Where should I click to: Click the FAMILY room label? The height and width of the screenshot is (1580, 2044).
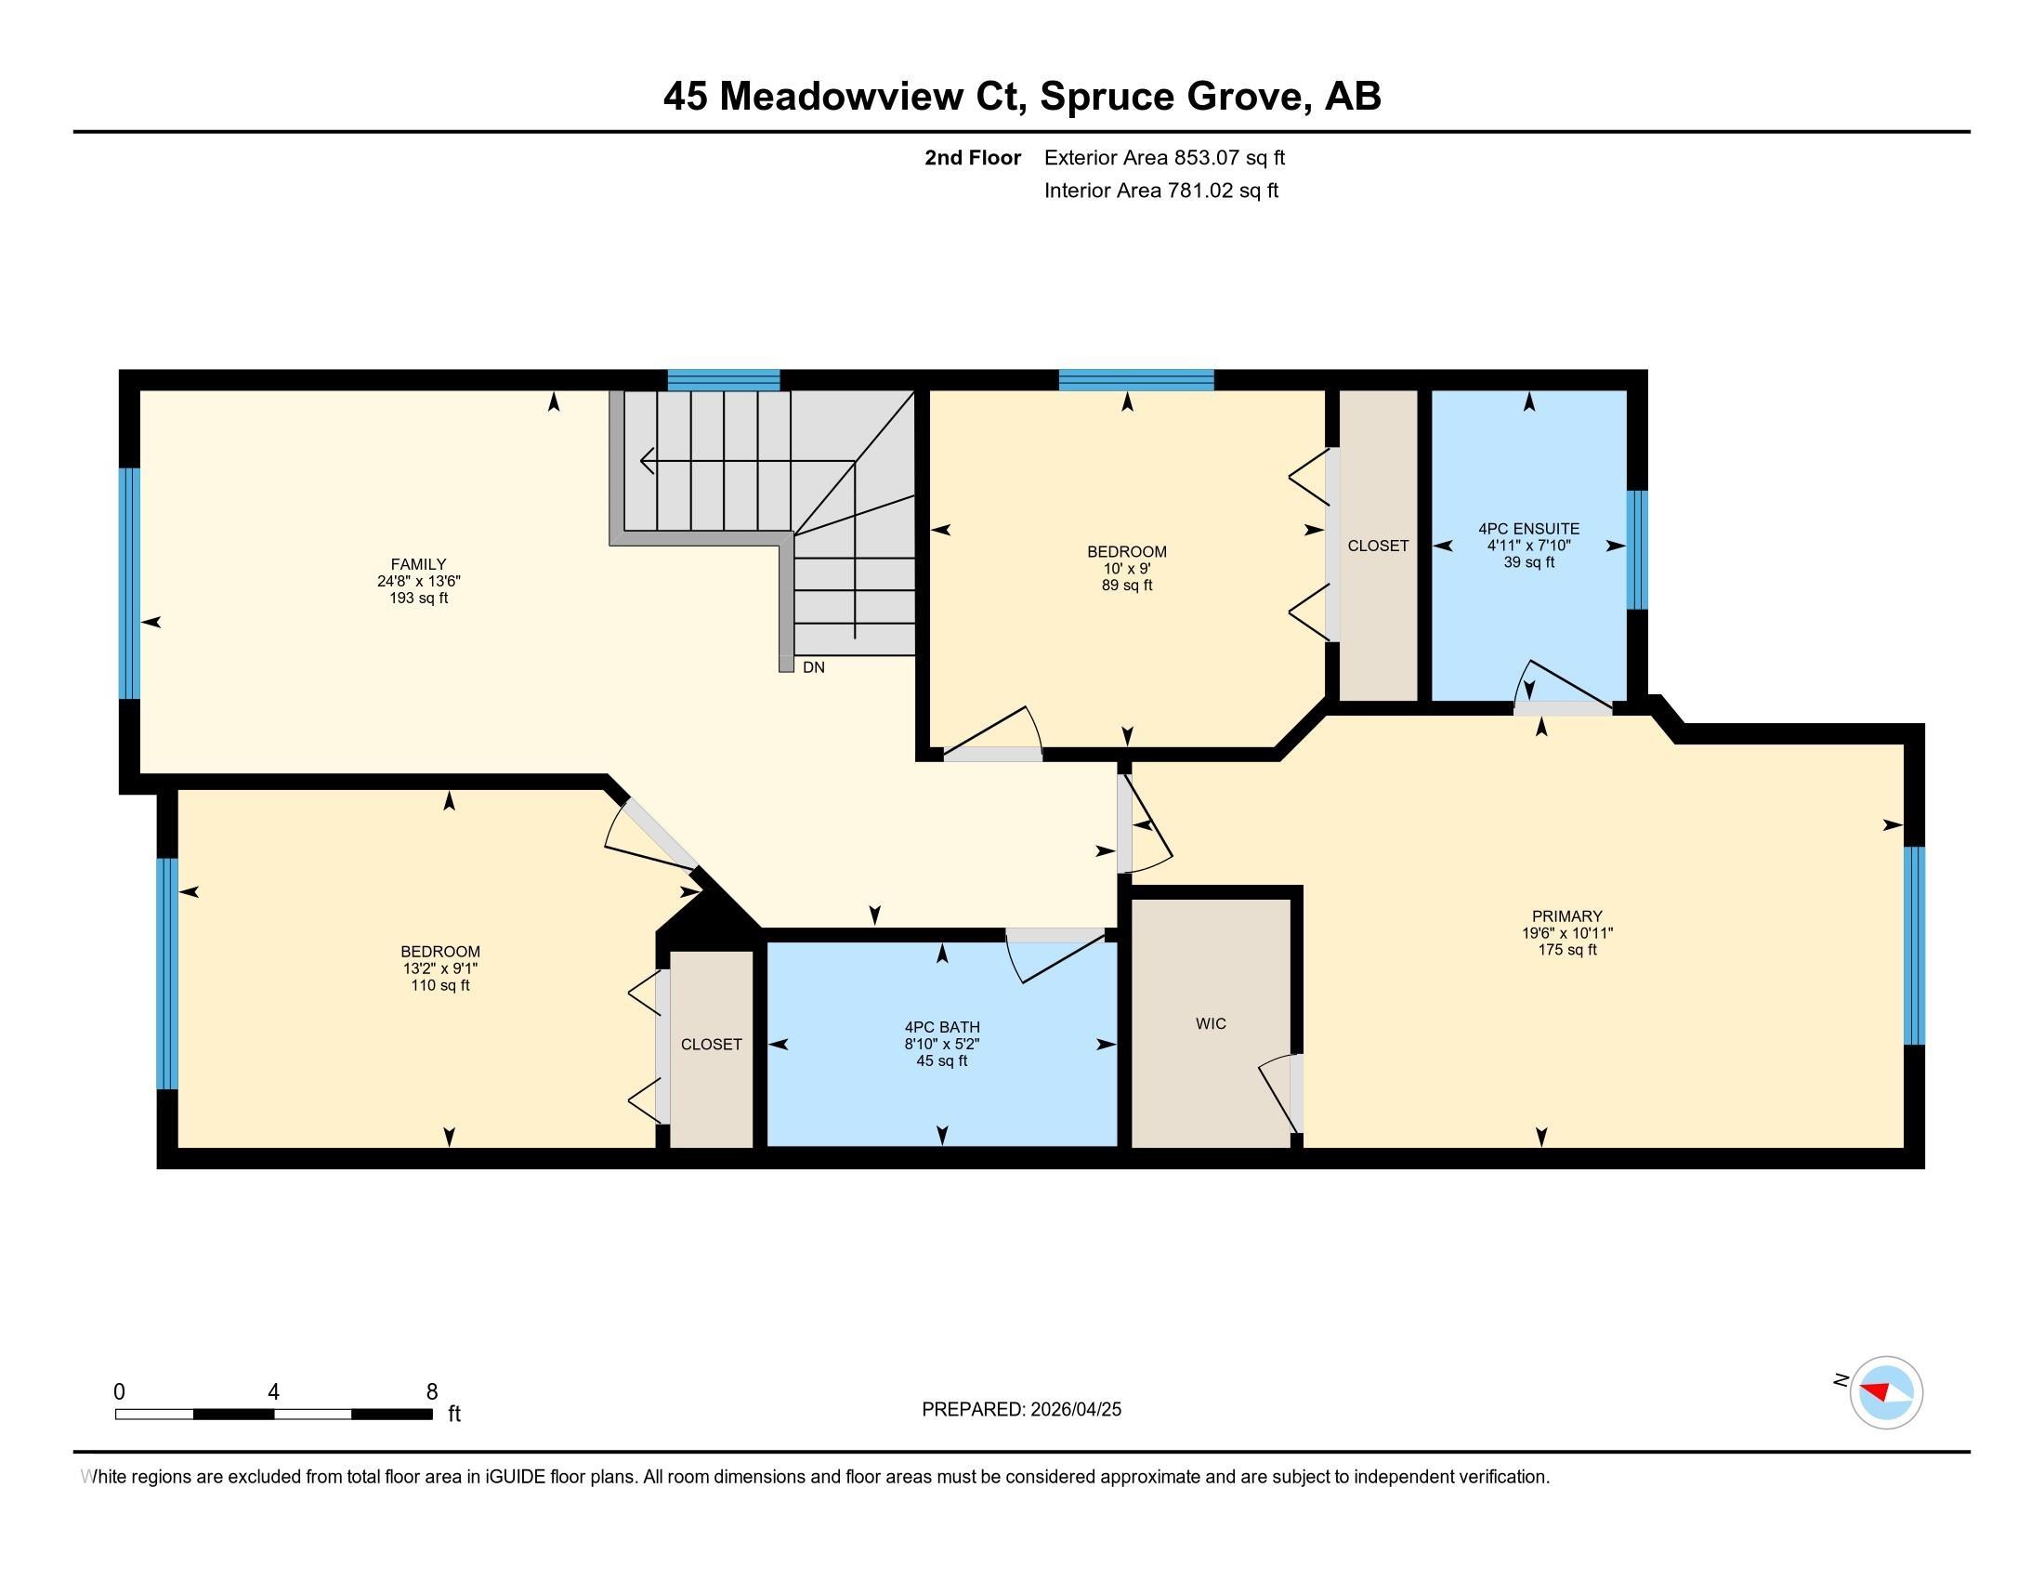[x=418, y=563]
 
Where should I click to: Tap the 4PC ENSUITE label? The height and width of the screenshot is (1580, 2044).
[x=1528, y=529]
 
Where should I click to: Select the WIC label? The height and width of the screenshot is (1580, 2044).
[x=1210, y=1024]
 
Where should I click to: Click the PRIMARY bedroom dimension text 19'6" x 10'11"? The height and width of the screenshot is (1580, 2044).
[x=1566, y=933]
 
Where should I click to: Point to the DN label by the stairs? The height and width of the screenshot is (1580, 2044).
[x=813, y=667]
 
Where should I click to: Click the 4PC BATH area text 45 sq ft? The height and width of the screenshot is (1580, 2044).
[x=941, y=1060]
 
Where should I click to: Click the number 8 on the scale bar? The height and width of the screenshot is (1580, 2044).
[x=431, y=1392]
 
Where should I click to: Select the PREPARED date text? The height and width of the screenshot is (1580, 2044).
[x=1021, y=1410]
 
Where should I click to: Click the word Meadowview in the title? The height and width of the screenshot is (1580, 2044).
[x=874, y=97]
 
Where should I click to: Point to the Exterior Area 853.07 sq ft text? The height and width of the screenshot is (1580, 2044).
[x=1164, y=157]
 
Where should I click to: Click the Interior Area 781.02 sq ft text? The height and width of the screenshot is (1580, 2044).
[x=1160, y=191]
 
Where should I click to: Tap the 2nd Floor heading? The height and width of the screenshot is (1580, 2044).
[x=972, y=157]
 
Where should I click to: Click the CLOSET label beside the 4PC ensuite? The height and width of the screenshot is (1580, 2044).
[x=1378, y=546]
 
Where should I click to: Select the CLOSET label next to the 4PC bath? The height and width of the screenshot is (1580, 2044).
[x=712, y=1045]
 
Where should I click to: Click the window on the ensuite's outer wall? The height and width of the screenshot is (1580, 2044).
[x=1636, y=549]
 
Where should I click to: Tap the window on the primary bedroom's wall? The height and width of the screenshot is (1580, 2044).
[x=1914, y=945]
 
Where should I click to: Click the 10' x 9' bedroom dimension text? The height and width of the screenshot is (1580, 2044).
[x=1126, y=568]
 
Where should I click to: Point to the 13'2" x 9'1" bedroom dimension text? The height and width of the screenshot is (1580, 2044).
[x=439, y=968]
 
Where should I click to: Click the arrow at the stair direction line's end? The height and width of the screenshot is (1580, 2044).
[x=645, y=460]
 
